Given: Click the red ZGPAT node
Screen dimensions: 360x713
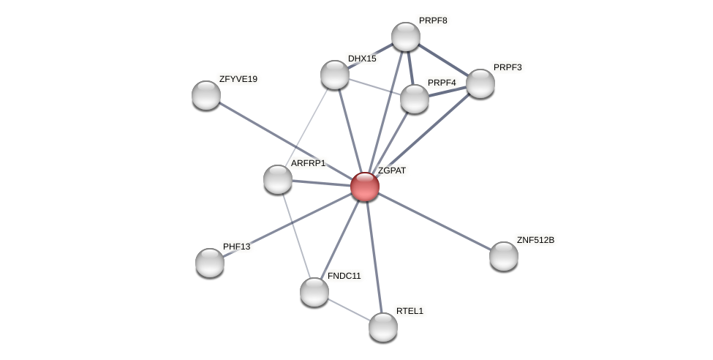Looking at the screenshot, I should click(365, 187).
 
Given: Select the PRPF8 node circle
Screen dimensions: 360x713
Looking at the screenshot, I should click(406, 37).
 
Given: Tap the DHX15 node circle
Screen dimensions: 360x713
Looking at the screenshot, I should click(335, 75).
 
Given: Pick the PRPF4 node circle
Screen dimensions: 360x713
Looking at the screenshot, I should click(415, 99).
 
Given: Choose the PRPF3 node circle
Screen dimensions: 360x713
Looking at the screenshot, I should click(480, 83).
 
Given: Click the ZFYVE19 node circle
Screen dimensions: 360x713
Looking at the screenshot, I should click(206, 95).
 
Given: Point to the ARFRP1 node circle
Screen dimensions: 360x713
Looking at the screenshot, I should click(278, 179).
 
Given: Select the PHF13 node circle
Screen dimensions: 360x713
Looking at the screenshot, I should click(210, 263).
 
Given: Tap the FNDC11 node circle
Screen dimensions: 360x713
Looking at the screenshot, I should click(314, 292).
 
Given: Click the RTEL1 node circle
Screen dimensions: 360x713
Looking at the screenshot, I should click(383, 327).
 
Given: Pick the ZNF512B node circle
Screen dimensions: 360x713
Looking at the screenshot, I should click(504, 256).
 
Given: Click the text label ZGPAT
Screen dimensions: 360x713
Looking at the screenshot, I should click(392, 170).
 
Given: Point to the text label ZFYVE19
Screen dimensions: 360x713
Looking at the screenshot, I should click(238, 79).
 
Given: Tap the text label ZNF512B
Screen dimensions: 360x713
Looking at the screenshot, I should click(535, 240).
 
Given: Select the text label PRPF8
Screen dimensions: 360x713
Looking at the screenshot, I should click(433, 20).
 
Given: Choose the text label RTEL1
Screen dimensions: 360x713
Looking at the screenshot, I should click(410, 311).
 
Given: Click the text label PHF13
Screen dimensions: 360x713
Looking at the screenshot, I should click(236, 247).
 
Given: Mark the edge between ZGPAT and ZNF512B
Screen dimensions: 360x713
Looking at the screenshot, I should click(434, 221).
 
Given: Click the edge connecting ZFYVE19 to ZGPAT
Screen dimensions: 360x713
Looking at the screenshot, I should click(285, 140).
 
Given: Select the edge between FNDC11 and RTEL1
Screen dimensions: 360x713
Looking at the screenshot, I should click(349, 310).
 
